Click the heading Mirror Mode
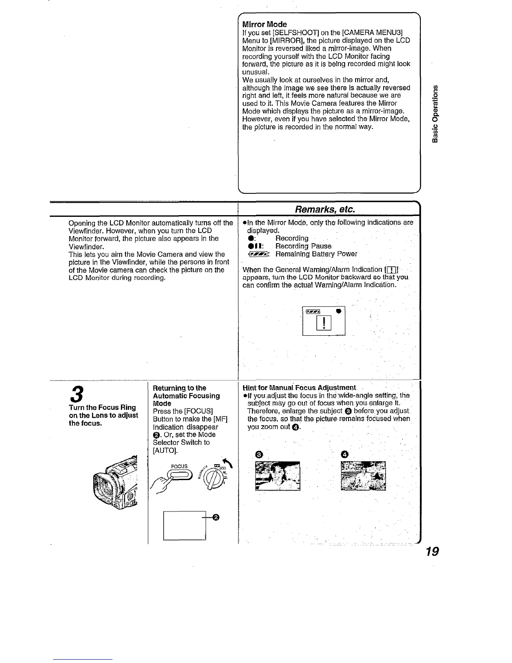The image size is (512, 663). tap(264, 24)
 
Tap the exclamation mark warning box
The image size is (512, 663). tap(325, 323)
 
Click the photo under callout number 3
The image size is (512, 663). tap(278, 475)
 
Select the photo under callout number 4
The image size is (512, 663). tap(363, 475)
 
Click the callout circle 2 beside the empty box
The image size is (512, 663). tap(216, 518)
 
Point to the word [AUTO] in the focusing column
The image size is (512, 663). tap(161, 450)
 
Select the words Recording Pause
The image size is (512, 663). tap(303, 246)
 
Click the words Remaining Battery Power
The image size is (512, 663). tap(316, 254)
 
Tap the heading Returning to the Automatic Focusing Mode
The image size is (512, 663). tap(186, 396)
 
